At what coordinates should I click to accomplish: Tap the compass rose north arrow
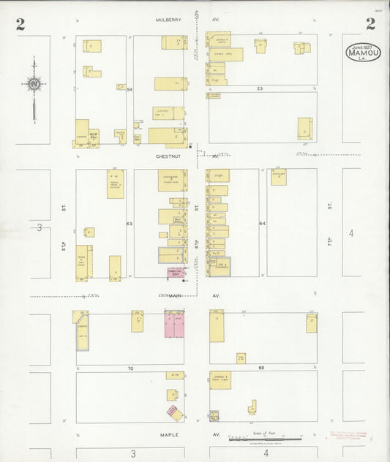[34, 86]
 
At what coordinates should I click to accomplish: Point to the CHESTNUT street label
[169, 156]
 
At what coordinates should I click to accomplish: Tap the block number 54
[130, 88]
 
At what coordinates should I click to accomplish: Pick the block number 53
[259, 88]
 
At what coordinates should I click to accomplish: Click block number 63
[130, 223]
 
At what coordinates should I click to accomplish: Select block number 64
[261, 223]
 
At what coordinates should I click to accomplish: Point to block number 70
[130, 368]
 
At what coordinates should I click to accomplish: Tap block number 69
[260, 368]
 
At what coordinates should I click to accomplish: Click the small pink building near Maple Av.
[174, 412]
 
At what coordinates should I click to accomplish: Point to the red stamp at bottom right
[350, 435]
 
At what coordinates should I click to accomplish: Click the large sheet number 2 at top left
[20, 24]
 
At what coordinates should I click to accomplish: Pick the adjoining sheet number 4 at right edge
[351, 233]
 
